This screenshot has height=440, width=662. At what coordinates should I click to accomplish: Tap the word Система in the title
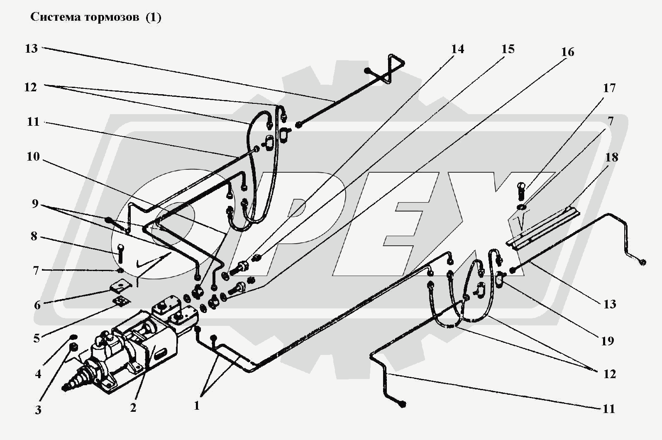click(55, 17)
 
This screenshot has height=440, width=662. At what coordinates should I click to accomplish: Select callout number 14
click(457, 49)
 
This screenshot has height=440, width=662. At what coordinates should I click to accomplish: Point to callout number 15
click(508, 49)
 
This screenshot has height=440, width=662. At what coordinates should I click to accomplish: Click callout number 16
click(567, 52)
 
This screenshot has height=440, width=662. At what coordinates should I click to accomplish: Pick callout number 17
click(609, 88)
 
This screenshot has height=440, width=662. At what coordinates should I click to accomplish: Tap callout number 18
click(611, 157)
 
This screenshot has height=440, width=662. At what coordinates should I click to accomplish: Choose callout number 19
click(608, 341)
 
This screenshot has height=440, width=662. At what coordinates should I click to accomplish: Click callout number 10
click(33, 156)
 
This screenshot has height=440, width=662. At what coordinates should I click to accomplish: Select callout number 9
click(35, 203)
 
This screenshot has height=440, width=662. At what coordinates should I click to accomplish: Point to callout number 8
click(34, 237)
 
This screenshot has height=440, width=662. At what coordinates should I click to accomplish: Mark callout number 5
click(37, 338)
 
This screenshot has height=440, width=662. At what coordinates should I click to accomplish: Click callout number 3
click(38, 410)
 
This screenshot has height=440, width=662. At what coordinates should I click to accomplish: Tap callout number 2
click(133, 408)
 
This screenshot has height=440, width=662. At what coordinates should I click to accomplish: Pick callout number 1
click(197, 406)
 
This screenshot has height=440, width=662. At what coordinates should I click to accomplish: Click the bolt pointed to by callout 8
click(120, 253)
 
